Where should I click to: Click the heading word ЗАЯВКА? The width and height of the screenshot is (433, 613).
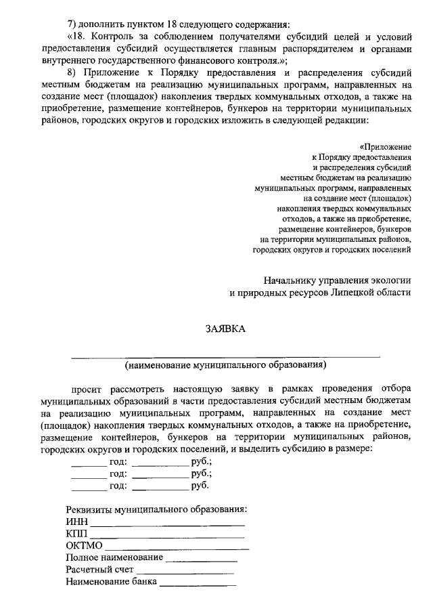pos(225,329)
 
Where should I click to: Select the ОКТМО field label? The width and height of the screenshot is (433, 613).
pos(84,545)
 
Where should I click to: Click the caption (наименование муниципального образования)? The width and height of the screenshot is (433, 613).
pos(225,366)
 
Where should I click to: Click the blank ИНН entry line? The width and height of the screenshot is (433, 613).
pos(167,525)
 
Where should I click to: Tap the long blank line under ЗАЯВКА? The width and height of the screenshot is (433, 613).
pos(225,356)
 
